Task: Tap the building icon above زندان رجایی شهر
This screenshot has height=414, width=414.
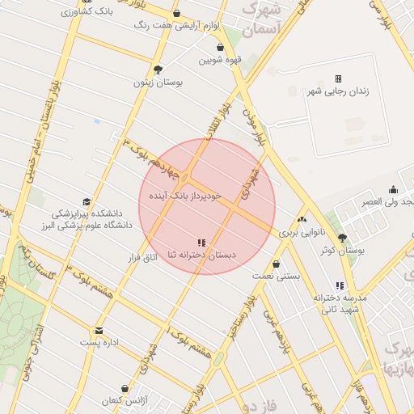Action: coord(338,78)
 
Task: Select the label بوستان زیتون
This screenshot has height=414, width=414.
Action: coord(158,82)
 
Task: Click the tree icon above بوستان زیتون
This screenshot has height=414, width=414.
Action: coord(158,70)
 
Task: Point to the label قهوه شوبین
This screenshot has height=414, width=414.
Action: coord(222,60)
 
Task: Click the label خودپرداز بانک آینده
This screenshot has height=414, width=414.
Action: coord(185,196)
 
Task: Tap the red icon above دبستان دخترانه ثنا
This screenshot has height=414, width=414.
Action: coord(201,243)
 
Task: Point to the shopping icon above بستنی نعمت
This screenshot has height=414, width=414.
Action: coord(277,264)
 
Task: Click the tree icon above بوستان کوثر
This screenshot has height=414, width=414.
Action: coord(342,238)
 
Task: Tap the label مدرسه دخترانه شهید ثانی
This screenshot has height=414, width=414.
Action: coord(340,303)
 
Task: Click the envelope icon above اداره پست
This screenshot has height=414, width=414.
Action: coord(99,331)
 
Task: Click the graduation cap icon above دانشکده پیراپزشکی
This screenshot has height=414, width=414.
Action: coord(86,201)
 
